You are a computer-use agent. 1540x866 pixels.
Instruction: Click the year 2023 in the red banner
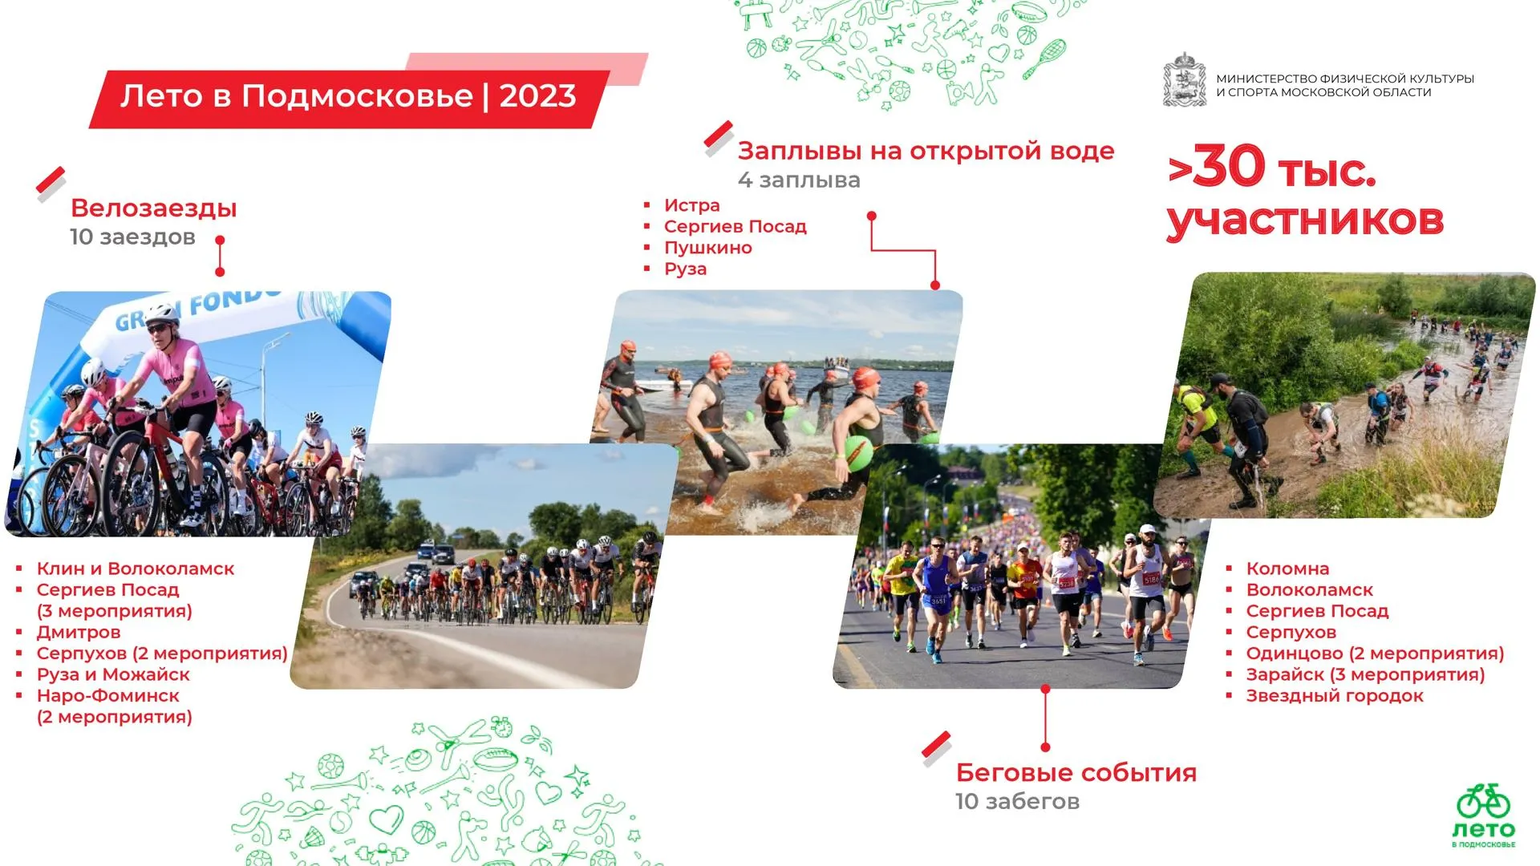[x=537, y=96]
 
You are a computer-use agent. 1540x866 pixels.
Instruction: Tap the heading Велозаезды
[x=154, y=208]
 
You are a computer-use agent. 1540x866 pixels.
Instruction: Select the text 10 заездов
[x=132, y=237]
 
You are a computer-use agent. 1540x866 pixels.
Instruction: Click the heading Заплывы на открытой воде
[x=926, y=152]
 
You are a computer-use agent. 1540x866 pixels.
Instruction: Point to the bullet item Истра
[x=691, y=205]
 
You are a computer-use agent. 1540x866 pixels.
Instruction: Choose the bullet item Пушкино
[x=707, y=248]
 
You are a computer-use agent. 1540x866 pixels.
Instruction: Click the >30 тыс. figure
[x=1271, y=168]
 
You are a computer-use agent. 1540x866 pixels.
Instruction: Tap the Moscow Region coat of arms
[x=1185, y=80]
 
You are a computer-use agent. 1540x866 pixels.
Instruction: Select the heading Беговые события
[x=1076, y=773]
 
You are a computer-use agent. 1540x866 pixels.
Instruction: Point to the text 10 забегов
[x=1017, y=802]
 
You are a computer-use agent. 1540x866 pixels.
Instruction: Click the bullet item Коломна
[x=1287, y=569]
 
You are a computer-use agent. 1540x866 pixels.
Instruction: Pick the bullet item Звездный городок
[x=1335, y=696]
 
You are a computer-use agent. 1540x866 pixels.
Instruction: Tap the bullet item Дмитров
[x=79, y=633]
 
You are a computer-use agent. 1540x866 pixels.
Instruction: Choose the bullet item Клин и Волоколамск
[x=136, y=569]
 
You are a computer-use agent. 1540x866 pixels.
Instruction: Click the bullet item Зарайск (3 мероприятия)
[x=1365, y=675]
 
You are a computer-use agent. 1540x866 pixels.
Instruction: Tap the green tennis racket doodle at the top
[x=1045, y=58]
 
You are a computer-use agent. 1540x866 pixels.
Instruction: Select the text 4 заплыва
[x=799, y=180]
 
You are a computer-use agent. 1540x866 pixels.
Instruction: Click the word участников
[x=1305, y=220]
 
